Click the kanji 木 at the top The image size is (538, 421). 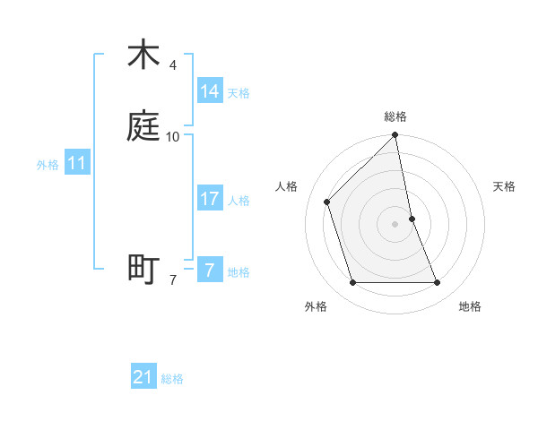(x=143, y=56)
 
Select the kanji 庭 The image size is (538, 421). (x=143, y=128)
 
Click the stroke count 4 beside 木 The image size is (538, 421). (x=173, y=65)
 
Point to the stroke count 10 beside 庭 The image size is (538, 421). (x=173, y=137)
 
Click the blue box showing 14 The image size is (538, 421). (x=210, y=91)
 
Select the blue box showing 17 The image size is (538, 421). (x=210, y=199)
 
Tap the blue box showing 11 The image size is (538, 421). (x=77, y=164)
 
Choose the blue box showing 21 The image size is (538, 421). (x=143, y=378)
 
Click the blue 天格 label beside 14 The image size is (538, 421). (x=239, y=93)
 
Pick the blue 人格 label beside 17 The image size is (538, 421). (x=239, y=201)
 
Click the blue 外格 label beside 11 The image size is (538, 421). (x=48, y=165)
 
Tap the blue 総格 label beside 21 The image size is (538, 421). (x=172, y=379)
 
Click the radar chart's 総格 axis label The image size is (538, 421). (x=395, y=116)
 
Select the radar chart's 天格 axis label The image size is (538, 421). (x=504, y=186)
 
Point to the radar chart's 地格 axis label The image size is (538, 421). (x=470, y=306)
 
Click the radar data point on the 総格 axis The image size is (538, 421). (x=395, y=135)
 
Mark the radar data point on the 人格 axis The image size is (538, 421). (x=327, y=202)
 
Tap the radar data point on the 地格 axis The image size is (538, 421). (x=438, y=283)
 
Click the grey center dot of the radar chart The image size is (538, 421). (x=395, y=224)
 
